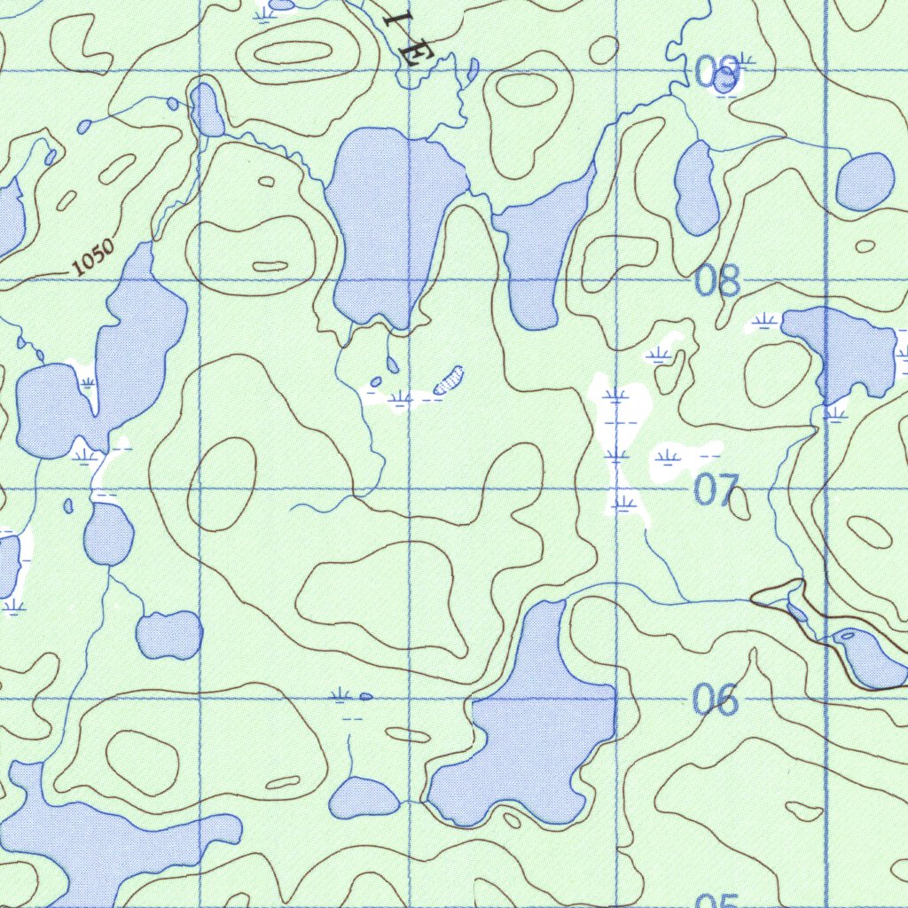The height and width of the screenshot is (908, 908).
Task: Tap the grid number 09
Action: click(716, 74)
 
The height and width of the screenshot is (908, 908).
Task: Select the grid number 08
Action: click(717, 281)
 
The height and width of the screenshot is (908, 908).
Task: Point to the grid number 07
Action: click(716, 489)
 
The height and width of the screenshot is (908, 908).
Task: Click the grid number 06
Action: click(716, 701)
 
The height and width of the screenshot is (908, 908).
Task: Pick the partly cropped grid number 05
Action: click(716, 900)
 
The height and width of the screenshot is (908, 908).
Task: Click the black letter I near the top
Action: click(391, 20)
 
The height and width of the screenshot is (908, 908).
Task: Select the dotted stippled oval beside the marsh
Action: click(450, 379)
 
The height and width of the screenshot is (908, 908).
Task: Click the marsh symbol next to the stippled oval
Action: click(401, 397)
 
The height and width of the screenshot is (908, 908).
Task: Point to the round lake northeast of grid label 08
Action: click(865, 182)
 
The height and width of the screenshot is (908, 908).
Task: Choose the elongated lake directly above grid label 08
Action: click(697, 187)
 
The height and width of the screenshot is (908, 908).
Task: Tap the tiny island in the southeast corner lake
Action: click(849, 635)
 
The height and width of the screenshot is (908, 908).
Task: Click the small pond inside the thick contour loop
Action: click(797, 612)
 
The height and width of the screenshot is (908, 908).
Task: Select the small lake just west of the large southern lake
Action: click(364, 797)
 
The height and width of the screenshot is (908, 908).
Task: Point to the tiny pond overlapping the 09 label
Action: click(724, 82)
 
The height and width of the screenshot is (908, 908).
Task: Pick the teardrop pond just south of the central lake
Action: click(393, 364)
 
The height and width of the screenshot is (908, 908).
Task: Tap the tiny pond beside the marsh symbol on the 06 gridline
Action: click(365, 696)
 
